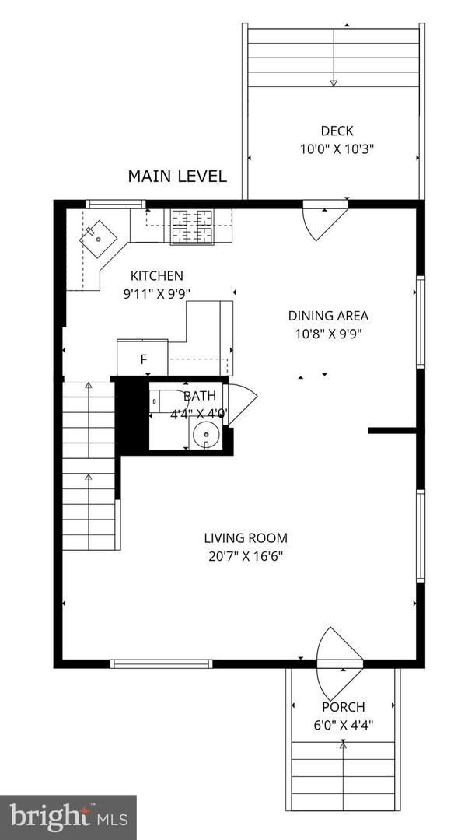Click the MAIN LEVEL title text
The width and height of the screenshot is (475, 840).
click(177, 177)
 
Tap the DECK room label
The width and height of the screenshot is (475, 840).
click(336, 131)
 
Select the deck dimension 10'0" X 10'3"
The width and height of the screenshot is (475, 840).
click(337, 149)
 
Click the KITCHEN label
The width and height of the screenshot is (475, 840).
click(156, 275)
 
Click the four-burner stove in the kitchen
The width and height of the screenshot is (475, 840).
click(190, 226)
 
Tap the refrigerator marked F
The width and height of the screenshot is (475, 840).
click(143, 359)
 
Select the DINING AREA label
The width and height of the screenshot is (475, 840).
click(328, 316)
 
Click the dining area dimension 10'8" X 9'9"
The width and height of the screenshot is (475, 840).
click(328, 334)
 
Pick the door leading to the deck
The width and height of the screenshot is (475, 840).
click(321, 219)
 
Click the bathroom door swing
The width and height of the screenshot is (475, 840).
click(241, 403)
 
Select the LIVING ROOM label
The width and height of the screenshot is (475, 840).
click(246, 537)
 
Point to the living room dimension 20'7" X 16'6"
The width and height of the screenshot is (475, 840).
click(246, 556)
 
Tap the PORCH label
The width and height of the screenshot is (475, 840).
click(344, 707)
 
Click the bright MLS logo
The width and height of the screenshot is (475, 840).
click(68, 817)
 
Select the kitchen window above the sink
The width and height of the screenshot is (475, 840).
click(115, 205)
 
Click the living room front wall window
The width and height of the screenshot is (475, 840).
click(161, 663)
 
